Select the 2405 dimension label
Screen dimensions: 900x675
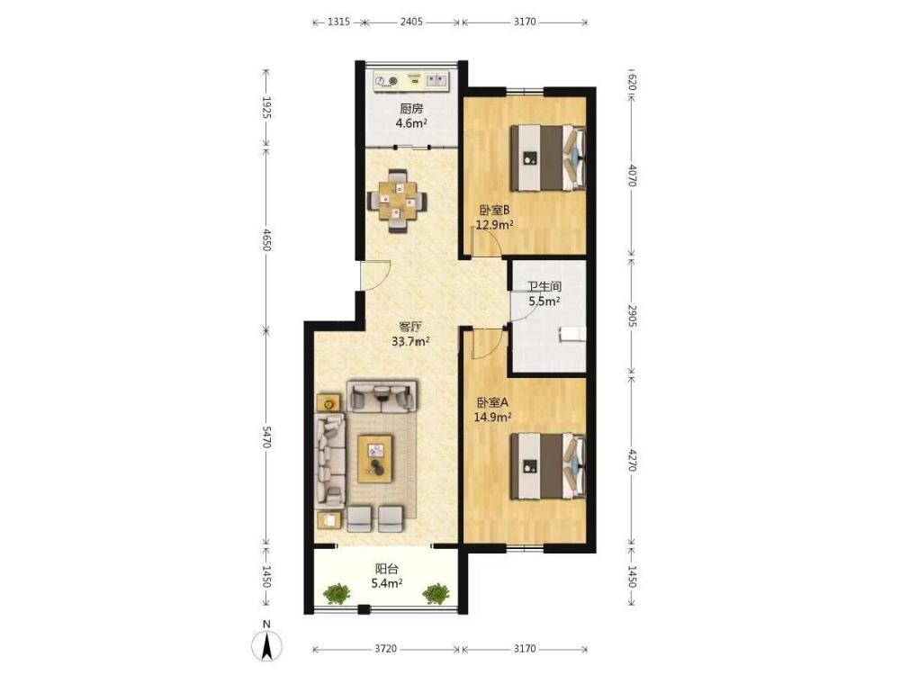coord(411,22)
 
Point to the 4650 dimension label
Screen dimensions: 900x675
coord(265,239)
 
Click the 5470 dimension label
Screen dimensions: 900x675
coord(265,437)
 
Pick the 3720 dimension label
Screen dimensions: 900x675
coord(386,649)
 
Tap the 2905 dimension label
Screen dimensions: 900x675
coord(632,316)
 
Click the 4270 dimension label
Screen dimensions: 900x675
coord(632,460)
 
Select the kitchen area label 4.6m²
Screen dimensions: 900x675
coord(411,122)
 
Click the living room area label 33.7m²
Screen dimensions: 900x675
coord(410,342)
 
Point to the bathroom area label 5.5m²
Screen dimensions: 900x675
coord(544,301)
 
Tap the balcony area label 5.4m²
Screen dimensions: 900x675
coord(386,584)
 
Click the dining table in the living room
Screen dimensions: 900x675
coord(397,201)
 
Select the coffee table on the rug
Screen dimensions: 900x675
coord(375,459)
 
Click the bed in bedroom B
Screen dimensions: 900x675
coord(548,157)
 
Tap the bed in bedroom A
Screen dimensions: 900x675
coord(548,466)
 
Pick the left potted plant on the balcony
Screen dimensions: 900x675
coord(337,593)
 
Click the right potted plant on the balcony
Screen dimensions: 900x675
coord(436,593)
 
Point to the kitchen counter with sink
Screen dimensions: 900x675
coord(411,81)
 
